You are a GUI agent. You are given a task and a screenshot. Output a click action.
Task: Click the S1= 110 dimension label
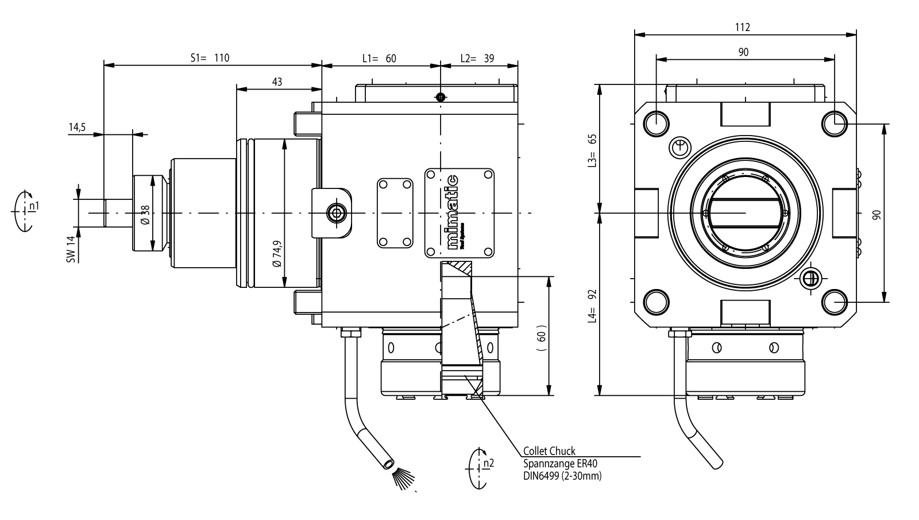[x=210, y=58]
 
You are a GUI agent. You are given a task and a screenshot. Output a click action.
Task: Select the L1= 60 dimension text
[x=379, y=58]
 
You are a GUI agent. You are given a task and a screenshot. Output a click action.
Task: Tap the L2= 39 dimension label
[x=477, y=58]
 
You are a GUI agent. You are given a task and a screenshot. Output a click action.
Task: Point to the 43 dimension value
[x=277, y=82]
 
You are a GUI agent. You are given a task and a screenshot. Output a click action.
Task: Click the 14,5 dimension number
[x=76, y=128]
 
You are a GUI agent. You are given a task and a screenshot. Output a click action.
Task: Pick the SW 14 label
[x=71, y=249]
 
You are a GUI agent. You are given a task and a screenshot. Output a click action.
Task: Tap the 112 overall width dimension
[x=743, y=27]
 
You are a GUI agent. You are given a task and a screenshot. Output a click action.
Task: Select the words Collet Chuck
[x=549, y=451]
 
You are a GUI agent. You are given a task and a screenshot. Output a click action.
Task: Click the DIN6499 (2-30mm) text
[x=562, y=476]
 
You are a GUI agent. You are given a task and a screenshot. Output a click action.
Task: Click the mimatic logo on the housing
[x=454, y=212]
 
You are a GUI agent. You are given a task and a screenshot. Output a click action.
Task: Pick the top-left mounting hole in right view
[x=655, y=122]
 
